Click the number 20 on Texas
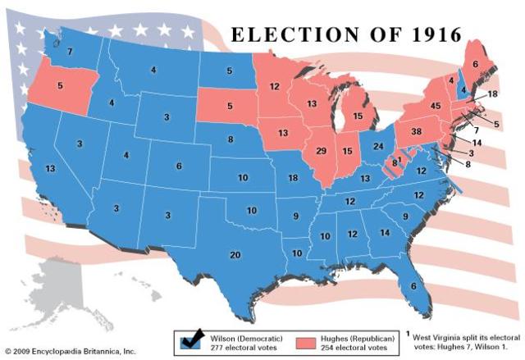[235, 255]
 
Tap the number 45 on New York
[436, 106]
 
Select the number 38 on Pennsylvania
[416, 131]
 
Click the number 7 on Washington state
[71, 51]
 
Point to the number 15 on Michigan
[357, 116]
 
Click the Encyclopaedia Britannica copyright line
[69, 351]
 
